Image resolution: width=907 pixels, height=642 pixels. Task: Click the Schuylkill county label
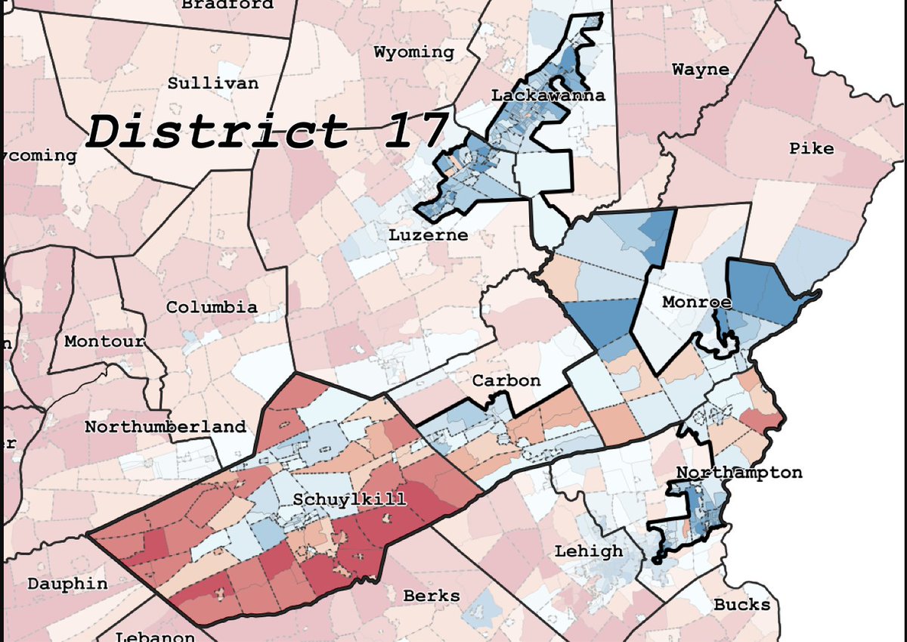tap(349, 499)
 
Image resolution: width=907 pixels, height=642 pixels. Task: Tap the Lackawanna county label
tap(548, 95)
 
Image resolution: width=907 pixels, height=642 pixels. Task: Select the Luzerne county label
tap(429, 235)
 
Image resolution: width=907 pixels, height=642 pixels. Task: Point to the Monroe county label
tap(697, 302)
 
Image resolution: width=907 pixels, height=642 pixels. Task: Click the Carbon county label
tap(506, 380)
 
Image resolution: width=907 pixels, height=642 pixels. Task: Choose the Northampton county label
tap(738, 473)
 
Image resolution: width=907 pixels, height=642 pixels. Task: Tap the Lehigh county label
tap(589, 551)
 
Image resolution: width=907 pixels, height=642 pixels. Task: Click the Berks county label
tap(431, 595)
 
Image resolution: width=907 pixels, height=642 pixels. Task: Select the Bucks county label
tap(741, 604)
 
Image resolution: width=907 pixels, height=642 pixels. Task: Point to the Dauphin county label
tap(67, 584)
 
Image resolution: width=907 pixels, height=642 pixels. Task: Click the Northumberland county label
tap(166, 426)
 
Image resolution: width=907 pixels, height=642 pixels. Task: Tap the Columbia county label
tap(212, 308)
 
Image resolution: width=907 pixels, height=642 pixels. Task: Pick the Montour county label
tap(104, 341)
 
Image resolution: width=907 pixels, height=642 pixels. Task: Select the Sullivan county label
tap(213, 83)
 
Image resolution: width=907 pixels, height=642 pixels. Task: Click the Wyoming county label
tap(414, 52)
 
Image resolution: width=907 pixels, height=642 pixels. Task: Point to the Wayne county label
tap(701, 70)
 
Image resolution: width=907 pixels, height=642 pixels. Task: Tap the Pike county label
tap(812, 147)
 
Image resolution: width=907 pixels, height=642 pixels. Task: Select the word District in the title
tap(218, 131)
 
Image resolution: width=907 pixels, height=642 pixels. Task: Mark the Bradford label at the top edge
tap(228, 5)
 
